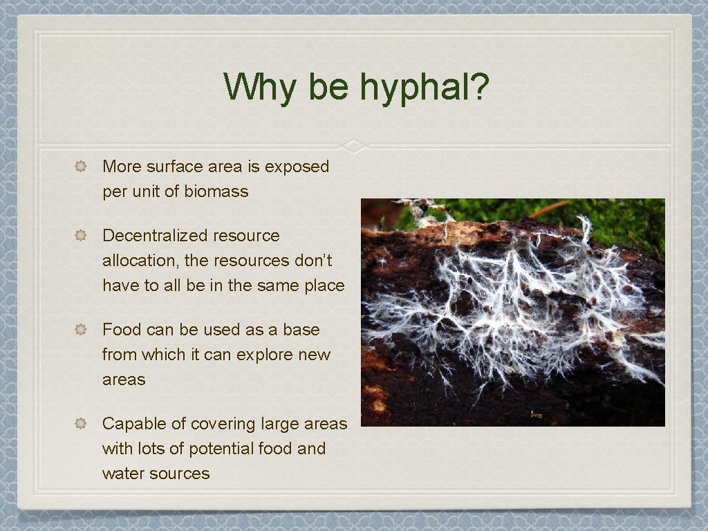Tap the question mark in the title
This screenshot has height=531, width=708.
click(479, 87)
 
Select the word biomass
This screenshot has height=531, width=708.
click(216, 192)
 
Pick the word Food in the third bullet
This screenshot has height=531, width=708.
click(122, 330)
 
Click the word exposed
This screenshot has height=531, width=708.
click(297, 167)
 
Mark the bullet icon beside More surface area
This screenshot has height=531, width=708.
click(81, 167)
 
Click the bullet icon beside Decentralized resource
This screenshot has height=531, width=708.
click(81, 236)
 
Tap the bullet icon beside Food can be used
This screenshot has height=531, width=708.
click(81, 330)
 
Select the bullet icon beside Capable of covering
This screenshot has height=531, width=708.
click(81, 424)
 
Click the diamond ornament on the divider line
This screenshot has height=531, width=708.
click(354, 146)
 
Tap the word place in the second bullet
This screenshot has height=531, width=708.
click(324, 286)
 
